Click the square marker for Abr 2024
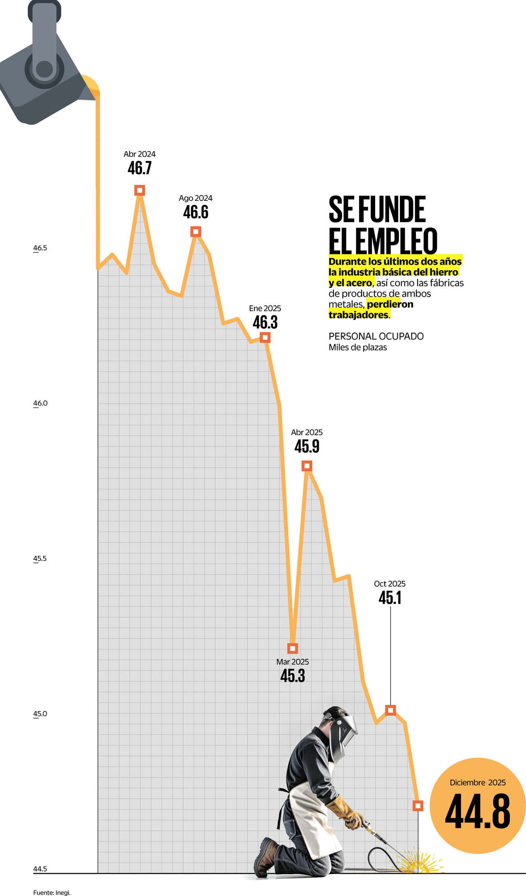(140, 190)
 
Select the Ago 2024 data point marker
(196, 232)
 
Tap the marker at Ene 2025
(265, 337)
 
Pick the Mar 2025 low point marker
(293, 648)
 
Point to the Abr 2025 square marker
(307, 466)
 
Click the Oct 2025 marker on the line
(390, 709)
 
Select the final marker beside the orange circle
(418, 806)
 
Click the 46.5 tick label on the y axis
(40, 248)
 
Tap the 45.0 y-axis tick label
(40, 714)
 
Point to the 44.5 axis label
(40, 868)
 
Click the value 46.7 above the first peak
(140, 168)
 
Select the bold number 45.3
(293, 675)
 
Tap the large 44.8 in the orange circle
(478, 811)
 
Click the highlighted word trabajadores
(358, 315)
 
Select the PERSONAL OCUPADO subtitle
(376, 336)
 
